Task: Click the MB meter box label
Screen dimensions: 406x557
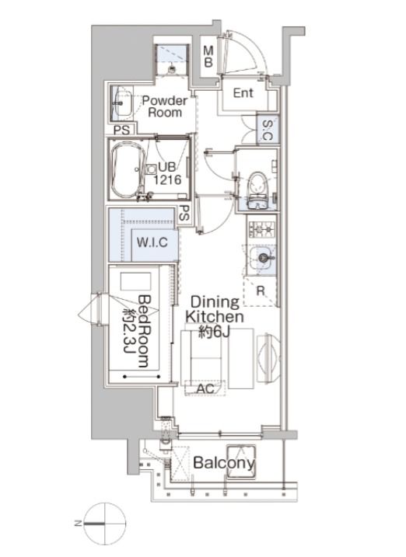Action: pyautogui.click(x=208, y=57)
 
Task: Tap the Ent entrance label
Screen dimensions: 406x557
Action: pyautogui.click(x=243, y=93)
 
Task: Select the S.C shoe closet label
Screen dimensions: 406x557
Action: pyautogui.click(x=268, y=130)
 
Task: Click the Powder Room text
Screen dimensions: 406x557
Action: pyautogui.click(x=165, y=106)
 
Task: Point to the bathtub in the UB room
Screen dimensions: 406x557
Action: pyautogui.click(x=128, y=170)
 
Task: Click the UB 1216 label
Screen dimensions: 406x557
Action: pyautogui.click(x=167, y=173)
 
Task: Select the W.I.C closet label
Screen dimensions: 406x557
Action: pyautogui.click(x=152, y=242)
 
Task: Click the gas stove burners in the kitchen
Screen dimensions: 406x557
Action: pyautogui.click(x=261, y=228)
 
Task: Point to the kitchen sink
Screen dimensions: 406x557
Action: pyautogui.click(x=262, y=258)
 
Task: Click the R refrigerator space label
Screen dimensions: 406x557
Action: pyautogui.click(x=261, y=291)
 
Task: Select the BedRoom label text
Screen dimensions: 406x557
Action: pyautogui.click(x=145, y=331)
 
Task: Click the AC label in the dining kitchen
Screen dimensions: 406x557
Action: pyautogui.click(x=205, y=388)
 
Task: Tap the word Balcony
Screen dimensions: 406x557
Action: pyautogui.click(x=224, y=462)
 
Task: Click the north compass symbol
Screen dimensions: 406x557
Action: pyautogui.click(x=105, y=524)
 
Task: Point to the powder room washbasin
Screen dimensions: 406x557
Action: pyautogui.click(x=123, y=103)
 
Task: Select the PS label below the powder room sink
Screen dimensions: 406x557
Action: pyautogui.click(x=121, y=130)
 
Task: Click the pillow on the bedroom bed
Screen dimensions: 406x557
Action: pyautogui.click(x=135, y=282)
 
